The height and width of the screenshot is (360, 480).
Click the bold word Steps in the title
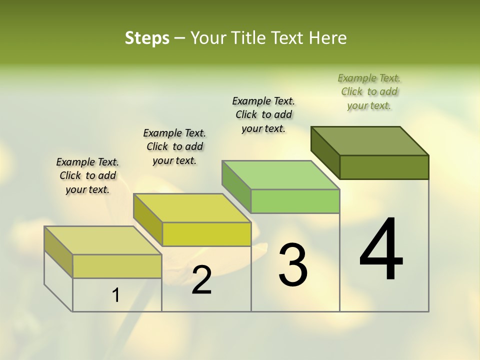[147, 38]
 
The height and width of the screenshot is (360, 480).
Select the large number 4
[381, 250]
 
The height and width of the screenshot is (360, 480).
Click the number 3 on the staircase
[293, 265]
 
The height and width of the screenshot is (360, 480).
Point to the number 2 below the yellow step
[201, 280]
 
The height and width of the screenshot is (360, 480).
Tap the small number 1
[116, 295]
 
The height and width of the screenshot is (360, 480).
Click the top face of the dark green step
[370, 140]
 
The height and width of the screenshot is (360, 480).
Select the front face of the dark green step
[384, 167]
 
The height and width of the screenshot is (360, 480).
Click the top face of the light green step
[281, 175]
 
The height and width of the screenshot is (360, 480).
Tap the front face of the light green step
[295, 201]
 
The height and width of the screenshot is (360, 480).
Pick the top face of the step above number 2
[192, 208]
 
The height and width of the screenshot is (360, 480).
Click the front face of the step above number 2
[206, 234]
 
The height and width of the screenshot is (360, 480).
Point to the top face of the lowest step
[103, 240]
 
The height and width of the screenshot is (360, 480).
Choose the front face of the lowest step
[117, 266]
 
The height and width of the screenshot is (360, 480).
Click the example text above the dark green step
[369, 91]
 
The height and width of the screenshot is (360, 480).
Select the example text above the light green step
[263, 114]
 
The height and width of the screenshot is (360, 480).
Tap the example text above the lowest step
[87, 175]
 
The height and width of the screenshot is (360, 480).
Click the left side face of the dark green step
[325, 152]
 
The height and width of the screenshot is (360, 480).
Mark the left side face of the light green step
[236, 186]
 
